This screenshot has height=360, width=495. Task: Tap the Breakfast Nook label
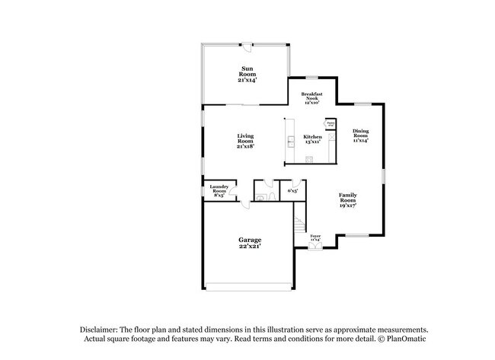pos(311,99)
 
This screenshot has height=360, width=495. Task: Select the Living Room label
pos(245,141)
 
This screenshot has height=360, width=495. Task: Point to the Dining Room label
pos(360,135)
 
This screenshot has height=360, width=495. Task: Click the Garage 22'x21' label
pos(248,243)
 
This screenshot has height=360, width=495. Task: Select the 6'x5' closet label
pos(292,191)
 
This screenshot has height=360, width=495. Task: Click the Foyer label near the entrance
pos(315,237)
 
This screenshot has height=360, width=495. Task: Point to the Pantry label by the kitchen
pos(331,123)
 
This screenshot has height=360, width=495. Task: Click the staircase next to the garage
pos(300,226)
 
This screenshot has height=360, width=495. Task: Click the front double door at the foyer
pos(315,246)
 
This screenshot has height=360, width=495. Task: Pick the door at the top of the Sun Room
pos(245,43)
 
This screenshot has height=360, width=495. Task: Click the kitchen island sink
pos(290,141)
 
